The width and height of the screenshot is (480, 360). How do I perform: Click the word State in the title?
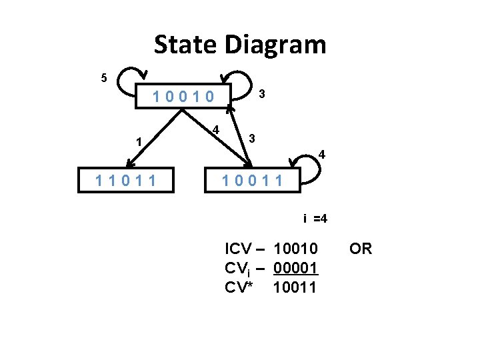click(186, 45)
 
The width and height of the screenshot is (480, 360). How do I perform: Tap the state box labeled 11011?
click(127, 180)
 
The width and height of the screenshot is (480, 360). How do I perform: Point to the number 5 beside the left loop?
click(103, 78)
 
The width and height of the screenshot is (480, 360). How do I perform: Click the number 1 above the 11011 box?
click(138, 141)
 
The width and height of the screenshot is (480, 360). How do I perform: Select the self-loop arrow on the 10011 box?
click(308, 162)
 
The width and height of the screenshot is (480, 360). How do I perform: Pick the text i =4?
click(314, 219)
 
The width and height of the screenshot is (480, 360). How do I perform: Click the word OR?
click(361, 249)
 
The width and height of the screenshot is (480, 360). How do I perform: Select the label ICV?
click(239, 249)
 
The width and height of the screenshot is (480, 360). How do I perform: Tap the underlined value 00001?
click(296, 269)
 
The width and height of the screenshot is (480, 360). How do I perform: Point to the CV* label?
click(242, 288)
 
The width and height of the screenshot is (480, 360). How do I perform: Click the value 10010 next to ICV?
click(296, 249)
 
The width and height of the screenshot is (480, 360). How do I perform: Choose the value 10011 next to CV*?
click(296, 288)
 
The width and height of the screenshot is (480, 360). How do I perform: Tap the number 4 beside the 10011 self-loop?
click(322, 155)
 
